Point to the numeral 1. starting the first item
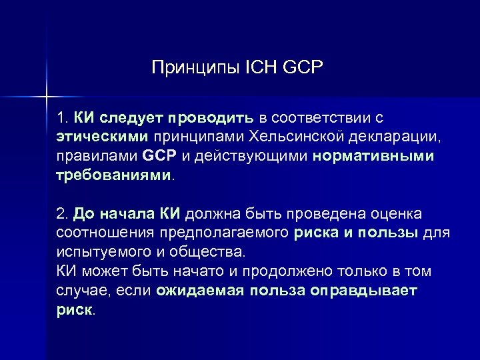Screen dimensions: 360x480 63,119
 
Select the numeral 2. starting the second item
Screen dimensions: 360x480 63,215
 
